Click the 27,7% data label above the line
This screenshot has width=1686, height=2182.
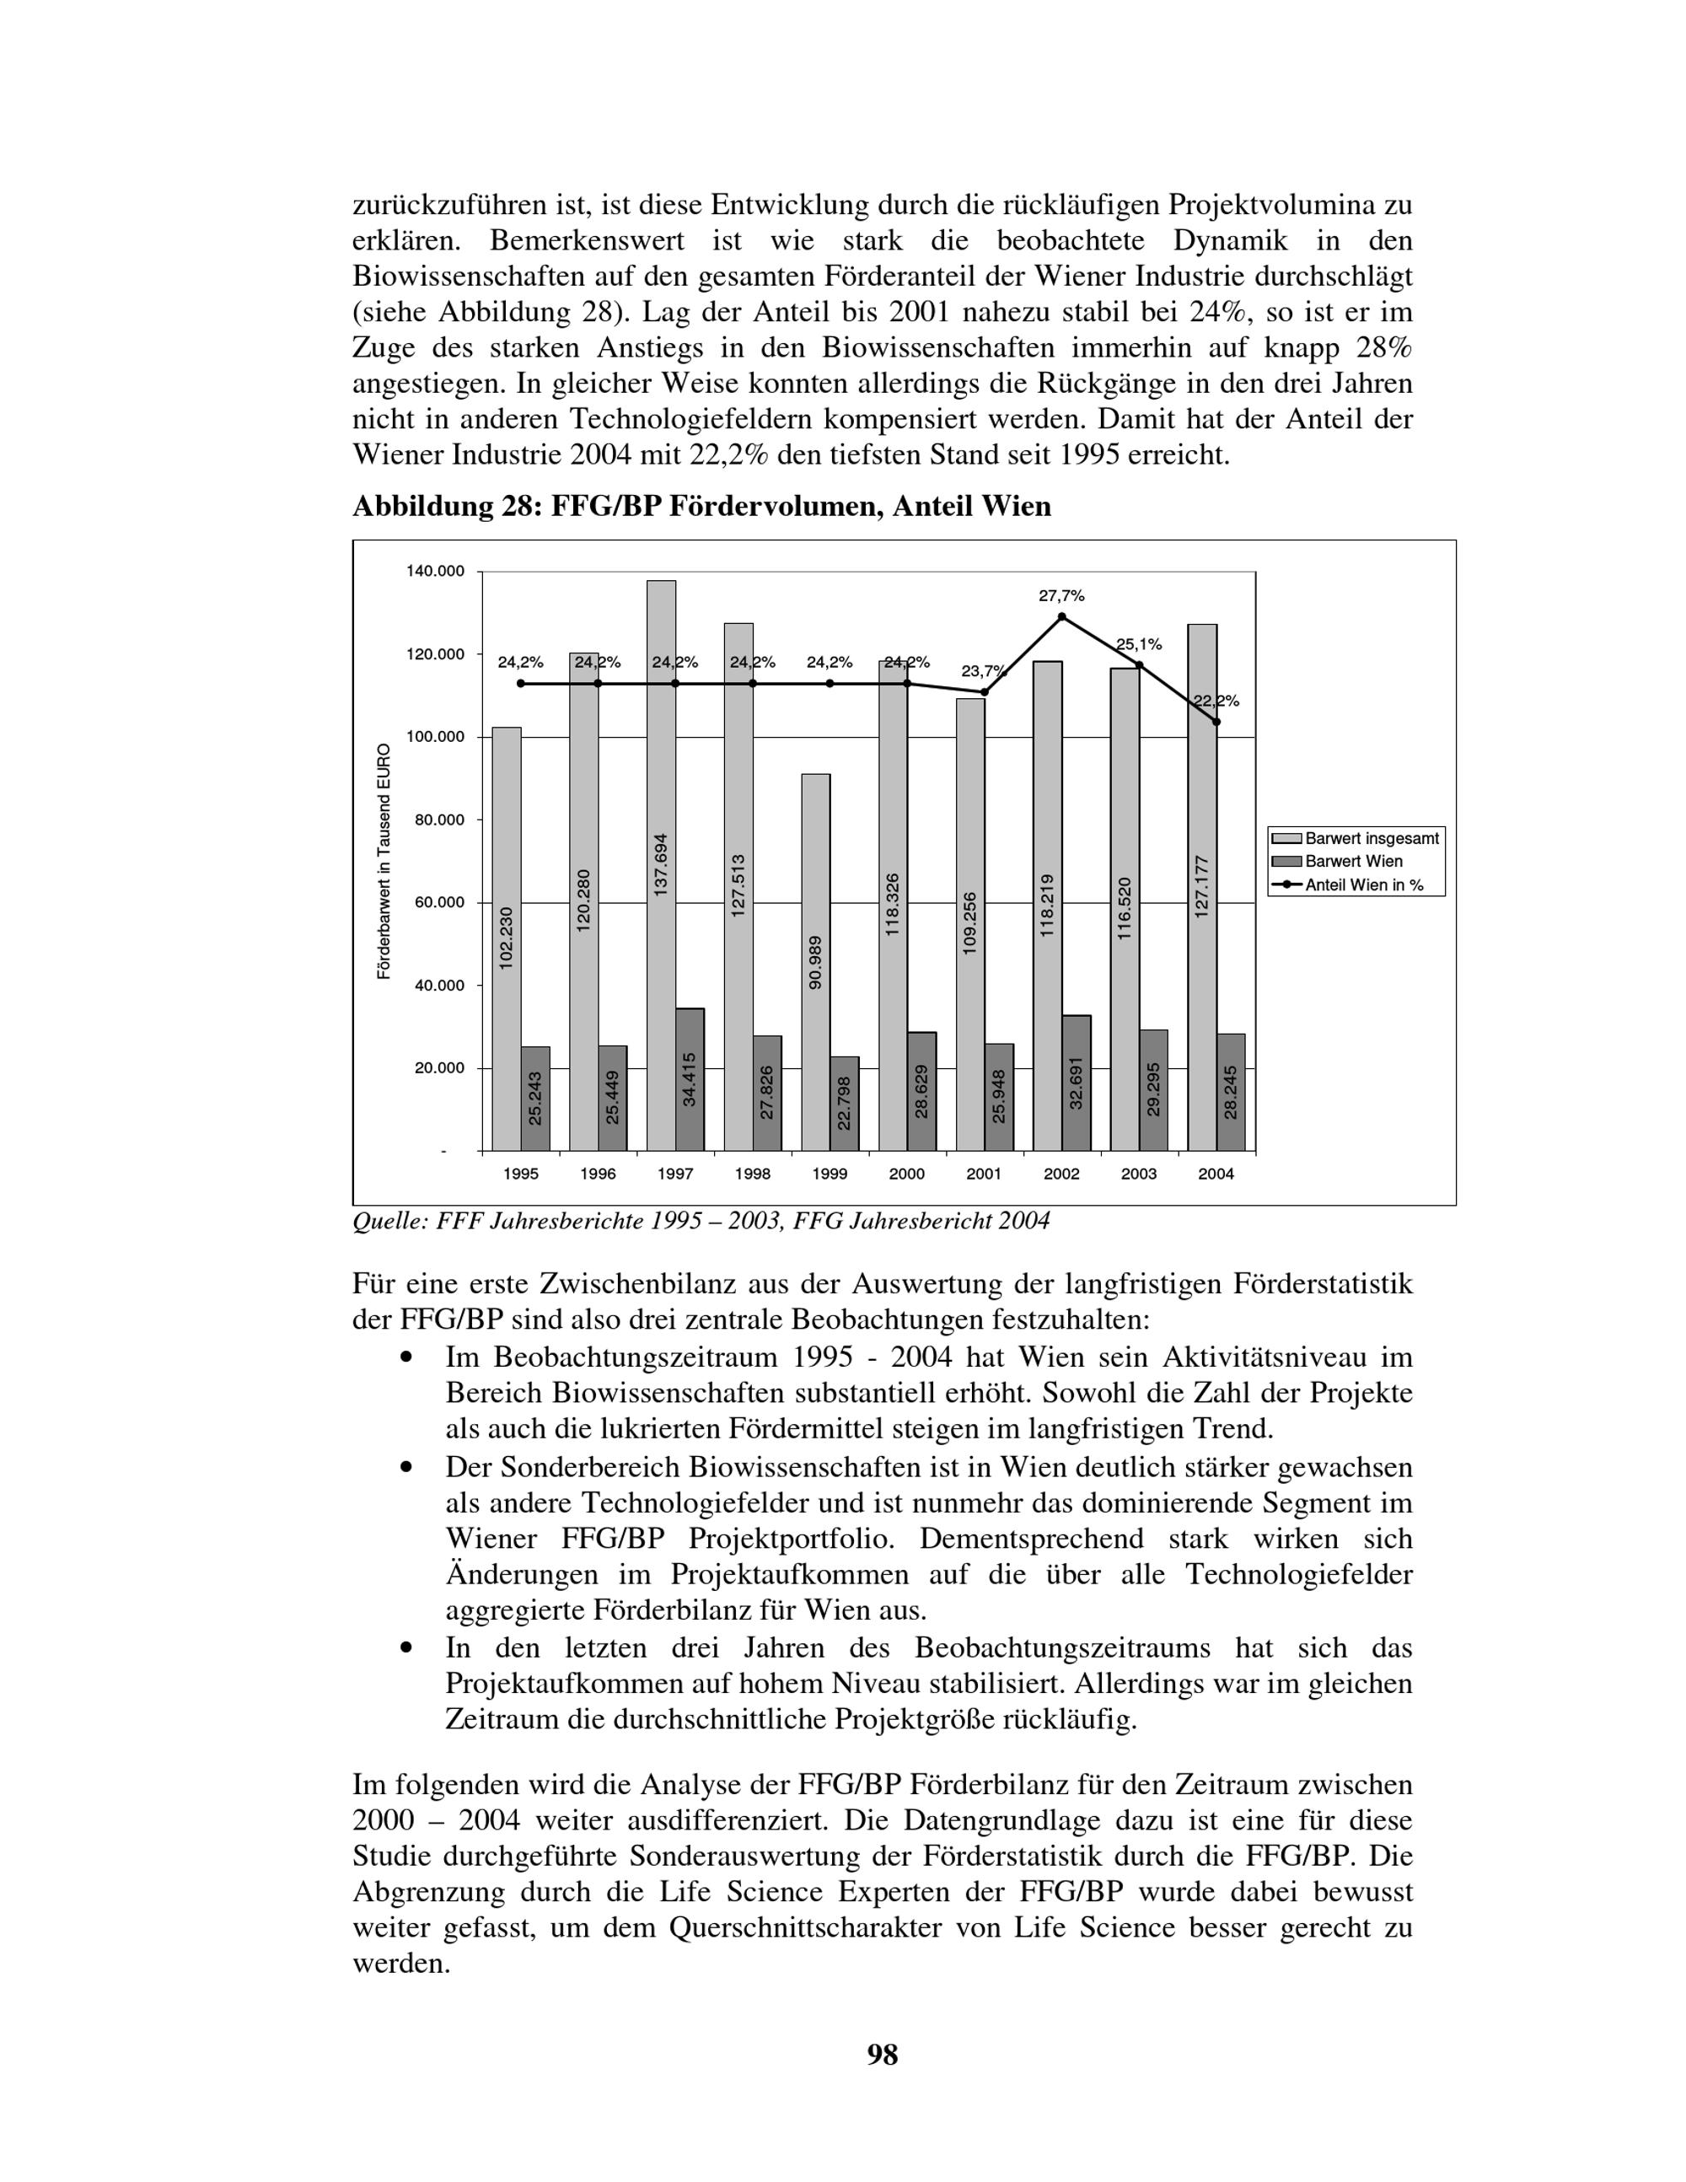pos(1060,596)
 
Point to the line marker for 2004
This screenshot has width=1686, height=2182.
pos(1216,722)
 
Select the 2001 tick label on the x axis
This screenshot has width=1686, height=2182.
pos(984,1174)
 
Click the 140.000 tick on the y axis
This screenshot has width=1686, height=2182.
pos(436,572)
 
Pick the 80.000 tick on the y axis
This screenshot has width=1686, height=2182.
pos(439,820)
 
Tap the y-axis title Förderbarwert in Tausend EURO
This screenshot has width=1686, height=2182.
pos(384,861)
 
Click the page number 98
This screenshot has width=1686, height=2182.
pos(883,2056)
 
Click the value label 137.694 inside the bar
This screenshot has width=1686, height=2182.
pos(661,863)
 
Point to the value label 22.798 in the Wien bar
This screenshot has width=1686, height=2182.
pos(844,1103)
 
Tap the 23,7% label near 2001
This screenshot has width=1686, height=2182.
pos(982,671)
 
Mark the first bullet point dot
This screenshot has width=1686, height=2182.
pos(405,1357)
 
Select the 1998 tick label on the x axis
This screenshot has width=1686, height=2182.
pos(752,1174)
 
